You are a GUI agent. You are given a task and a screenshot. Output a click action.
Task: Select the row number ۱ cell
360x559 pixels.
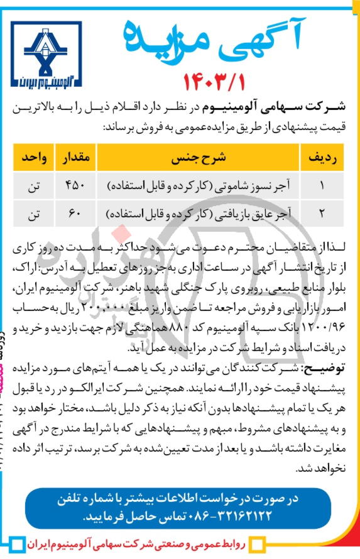pos(323,186)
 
